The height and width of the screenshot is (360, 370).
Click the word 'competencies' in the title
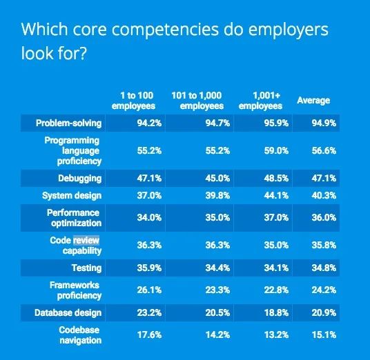pyautogui.click(x=165, y=30)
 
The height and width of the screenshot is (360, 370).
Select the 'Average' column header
pyautogui.click(x=313, y=101)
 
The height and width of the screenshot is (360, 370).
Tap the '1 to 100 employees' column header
pyautogui.click(x=133, y=101)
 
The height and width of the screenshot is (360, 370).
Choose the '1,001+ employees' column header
pyautogui.click(x=260, y=101)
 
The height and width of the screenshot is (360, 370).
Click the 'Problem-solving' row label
pyautogui.click(x=68, y=123)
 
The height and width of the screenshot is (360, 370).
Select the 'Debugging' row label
pyautogui.click(x=80, y=179)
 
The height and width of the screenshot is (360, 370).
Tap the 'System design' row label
pyautogui.click(x=72, y=196)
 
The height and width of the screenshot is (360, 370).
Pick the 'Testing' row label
pyautogui.click(x=86, y=268)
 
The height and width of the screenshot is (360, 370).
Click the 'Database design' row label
pyautogui.click(x=68, y=313)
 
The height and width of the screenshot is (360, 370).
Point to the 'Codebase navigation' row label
pyautogui.click(x=81, y=335)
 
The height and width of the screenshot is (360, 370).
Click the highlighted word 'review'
pyautogui.click(x=86, y=240)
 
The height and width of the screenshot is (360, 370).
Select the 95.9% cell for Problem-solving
pyautogui.click(x=276, y=123)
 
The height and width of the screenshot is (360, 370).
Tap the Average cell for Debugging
pyautogui.click(x=324, y=178)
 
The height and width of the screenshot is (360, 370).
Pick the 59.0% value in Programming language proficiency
pyautogui.click(x=276, y=150)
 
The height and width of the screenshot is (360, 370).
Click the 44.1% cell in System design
pyautogui.click(x=276, y=195)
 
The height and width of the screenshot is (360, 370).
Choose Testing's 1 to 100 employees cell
pyautogui.click(x=149, y=268)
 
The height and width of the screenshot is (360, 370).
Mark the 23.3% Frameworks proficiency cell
pyautogui.click(x=217, y=290)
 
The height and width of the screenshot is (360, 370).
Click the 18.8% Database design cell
pyautogui.click(x=276, y=313)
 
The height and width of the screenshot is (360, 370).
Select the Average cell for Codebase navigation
pyautogui.click(x=324, y=334)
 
